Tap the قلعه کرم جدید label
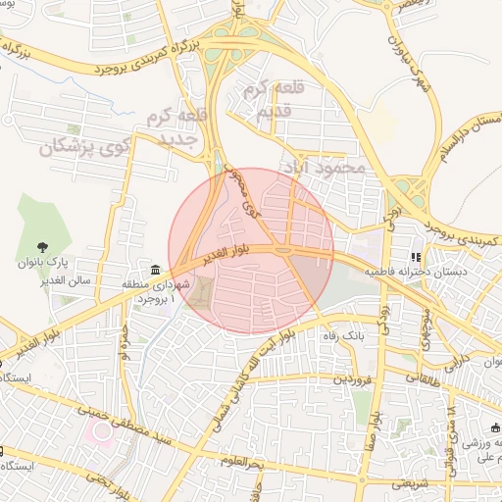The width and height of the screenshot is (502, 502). [177, 127]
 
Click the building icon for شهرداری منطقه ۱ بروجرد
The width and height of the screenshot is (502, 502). [155, 271]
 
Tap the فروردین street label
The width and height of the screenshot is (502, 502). [355, 377]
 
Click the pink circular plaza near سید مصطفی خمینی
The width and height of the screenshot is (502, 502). [103, 431]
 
